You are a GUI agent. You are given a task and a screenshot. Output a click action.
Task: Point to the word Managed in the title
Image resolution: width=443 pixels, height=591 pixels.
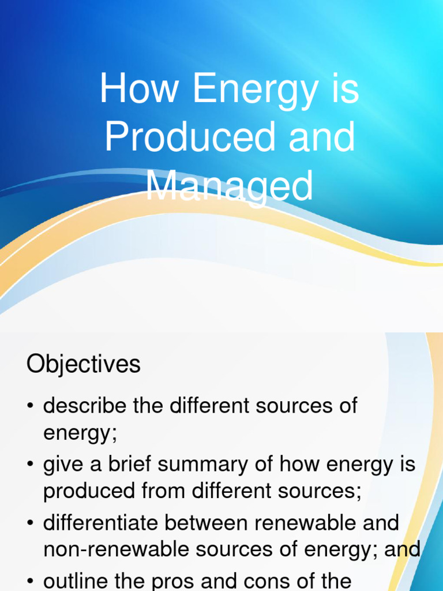[229, 186]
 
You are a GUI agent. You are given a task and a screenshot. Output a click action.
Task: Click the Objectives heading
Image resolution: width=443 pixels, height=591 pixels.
[83, 365]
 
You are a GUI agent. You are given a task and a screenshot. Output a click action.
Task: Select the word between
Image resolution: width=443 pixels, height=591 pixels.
[207, 523]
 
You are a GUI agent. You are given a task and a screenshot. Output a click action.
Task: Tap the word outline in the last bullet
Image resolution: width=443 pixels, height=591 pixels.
[74, 581]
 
